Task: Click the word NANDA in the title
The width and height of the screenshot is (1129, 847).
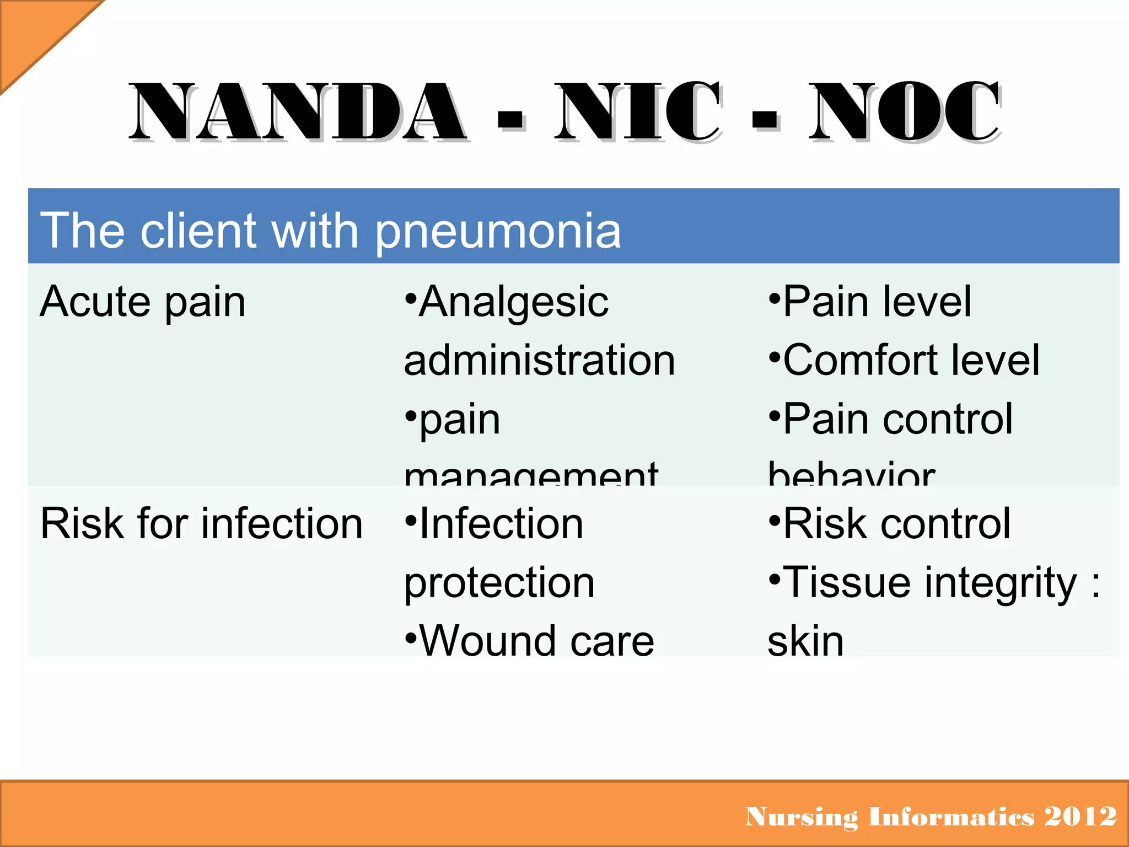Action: [298, 111]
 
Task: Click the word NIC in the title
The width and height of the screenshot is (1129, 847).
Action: [637, 111]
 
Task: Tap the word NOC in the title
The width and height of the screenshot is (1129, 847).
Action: [904, 111]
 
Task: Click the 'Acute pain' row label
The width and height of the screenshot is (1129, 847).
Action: [143, 302]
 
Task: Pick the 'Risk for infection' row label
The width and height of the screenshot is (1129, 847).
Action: [201, 524]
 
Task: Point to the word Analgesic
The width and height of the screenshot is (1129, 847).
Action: [513, 302]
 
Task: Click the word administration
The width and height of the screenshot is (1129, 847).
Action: [539, 361]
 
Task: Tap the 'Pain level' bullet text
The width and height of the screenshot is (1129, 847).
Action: [877, 302]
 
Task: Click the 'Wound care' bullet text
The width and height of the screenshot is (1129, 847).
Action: [536, 641]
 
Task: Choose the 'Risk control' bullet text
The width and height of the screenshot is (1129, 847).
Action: [896, 524]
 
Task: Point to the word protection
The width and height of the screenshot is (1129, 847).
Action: [499, 583]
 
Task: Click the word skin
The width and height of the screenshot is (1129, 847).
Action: [805, 641]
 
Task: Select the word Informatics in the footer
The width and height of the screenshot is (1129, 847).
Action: [951, 817]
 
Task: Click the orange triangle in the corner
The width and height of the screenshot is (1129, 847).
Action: [33, 33]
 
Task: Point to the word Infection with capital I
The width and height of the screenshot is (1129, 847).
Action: [501, 524]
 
